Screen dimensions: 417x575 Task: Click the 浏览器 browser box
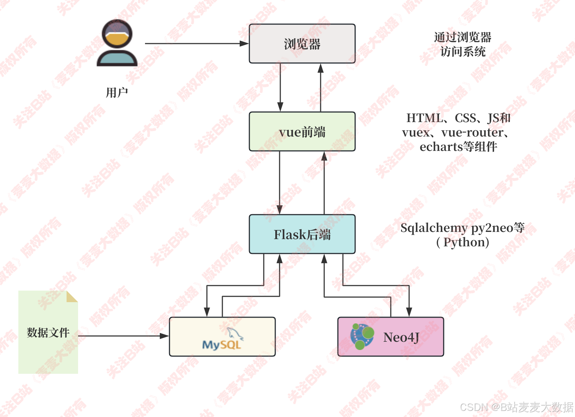pos(302,44)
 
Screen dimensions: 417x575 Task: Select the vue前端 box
pos(302,132)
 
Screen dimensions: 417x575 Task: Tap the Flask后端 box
pos(302,234)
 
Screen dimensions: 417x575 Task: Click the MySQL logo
pos(222,340)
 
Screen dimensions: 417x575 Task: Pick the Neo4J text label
pos(401,337)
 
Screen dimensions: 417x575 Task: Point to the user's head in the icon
pos(117,34)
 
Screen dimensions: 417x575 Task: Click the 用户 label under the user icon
pos(117,93)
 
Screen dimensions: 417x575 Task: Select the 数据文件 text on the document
pos(48,332)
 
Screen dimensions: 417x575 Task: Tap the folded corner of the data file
pos(72,296)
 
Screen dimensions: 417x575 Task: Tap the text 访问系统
pos(463,52)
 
